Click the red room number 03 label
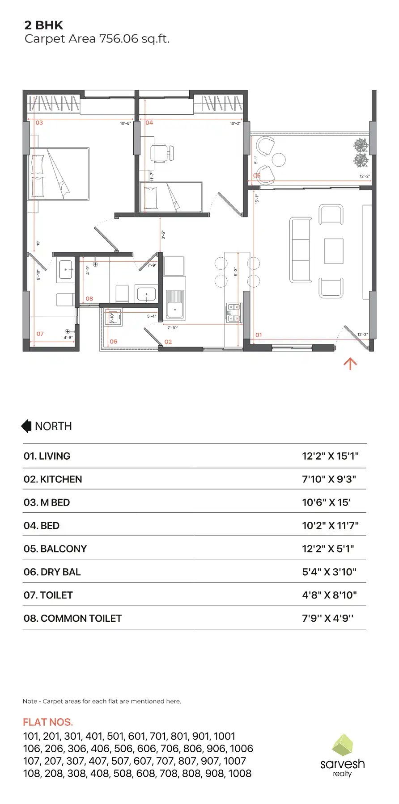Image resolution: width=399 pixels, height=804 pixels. [x=39, y=122]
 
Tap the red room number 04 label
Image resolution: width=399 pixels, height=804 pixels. [x=149, y=122]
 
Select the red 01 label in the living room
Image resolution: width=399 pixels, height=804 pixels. [x=259, y=335]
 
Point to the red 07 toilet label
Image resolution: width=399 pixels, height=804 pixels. [x=40, y=334]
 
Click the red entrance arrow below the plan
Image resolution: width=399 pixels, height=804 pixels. [x=350, y=364]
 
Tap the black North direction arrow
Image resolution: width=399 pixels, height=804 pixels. [x=26, y=426]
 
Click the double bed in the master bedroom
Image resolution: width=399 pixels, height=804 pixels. [x=59, y=174]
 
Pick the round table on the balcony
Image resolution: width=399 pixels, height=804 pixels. [x=279, y=159]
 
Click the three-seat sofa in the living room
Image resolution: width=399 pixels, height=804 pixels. [x=301, y=250]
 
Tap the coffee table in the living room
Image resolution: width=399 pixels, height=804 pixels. [x=333, y=251]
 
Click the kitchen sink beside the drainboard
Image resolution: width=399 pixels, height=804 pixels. [x=175, y=310]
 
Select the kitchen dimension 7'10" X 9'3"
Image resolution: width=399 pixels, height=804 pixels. [x=329, y=479]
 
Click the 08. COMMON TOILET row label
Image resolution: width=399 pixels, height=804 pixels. [x=72, y=618]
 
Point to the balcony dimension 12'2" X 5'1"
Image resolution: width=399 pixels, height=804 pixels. [x=328, y=549]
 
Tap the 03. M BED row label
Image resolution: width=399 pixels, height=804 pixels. [x=47, y=502]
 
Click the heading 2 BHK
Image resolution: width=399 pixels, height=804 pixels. [x=44, y=25]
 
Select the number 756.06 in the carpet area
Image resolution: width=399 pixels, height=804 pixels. [x=119, y=39]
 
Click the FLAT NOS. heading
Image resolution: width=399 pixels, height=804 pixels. [x=48, y=722]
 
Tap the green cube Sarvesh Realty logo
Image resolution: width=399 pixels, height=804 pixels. [x=343, y=745]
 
